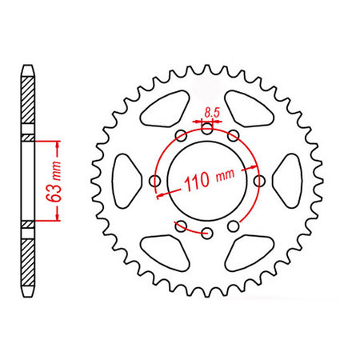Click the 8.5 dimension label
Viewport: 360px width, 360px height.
pyautogui.click(x=212, y=113)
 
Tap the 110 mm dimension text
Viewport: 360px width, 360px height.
pyautogui.click(x=210, y=179)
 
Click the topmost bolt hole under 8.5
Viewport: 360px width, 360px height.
pyautogui.click(x=207, y=129)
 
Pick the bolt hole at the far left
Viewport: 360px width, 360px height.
pyautogui.click(x=155, y=182)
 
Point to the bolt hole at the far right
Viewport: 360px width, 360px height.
pyautogui.click(x=259, y=182)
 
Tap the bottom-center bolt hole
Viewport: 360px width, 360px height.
pyautogui.click(x=207, y=234)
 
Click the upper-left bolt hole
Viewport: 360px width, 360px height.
pyautogui.click(x=181, y=136)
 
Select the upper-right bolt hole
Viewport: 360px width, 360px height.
pyautogui.click(x=234, y=136)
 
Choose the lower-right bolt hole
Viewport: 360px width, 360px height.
pyautogui.click(x=234, y=226)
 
